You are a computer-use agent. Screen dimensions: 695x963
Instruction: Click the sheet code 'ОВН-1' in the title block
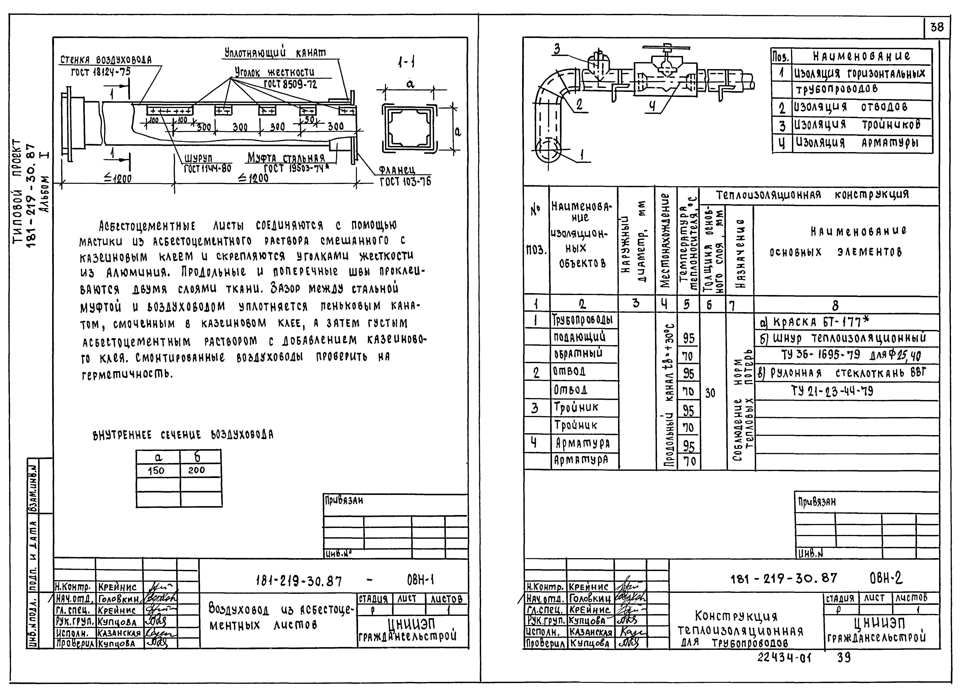(x=420, y=580)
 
